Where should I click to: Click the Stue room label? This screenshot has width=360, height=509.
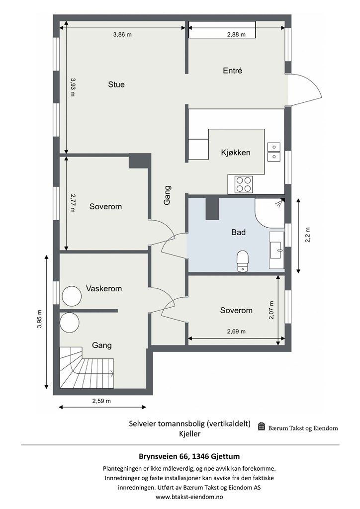[x=116, y=85]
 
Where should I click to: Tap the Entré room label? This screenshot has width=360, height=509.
[x=232, y=71]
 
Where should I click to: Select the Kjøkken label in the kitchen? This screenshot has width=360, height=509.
[x=235, y=152]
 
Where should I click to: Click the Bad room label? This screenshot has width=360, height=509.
[x=238, y=232]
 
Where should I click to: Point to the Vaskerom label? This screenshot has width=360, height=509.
[x=104, y=288]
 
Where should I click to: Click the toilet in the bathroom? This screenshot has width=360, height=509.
[x=243, y=260]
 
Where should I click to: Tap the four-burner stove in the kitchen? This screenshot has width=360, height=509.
[x=244, y=184]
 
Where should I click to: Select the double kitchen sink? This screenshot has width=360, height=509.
[x=274, y=152]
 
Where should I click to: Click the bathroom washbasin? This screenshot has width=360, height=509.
[x=277, y=250]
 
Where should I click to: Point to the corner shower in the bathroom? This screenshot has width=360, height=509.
[x=270, y=213]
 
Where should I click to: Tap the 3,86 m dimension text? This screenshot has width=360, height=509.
[x=122, y=34]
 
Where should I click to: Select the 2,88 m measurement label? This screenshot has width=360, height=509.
[x=236, y=34]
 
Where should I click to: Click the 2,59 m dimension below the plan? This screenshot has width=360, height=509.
[x=101, y=401]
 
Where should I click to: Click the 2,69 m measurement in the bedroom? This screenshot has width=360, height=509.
[x=236, y=332]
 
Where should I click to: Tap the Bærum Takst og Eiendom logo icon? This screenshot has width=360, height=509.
[x=262, y=426]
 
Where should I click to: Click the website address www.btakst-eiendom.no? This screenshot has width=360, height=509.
[x=189, y=497]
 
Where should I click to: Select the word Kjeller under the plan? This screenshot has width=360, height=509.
[x=189, y=433]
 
